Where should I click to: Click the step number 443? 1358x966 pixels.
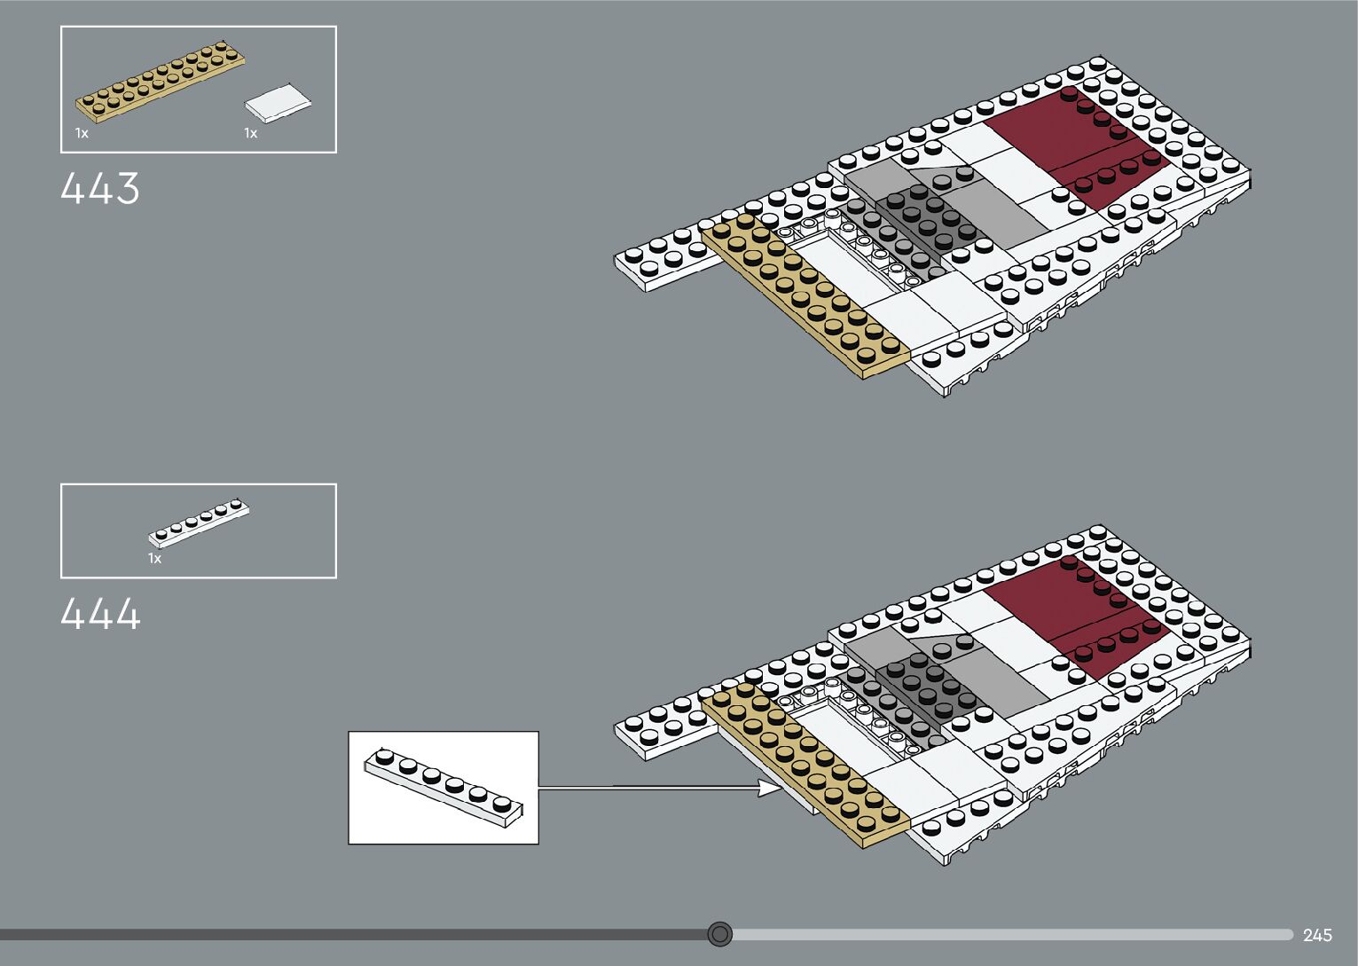pos(100,189)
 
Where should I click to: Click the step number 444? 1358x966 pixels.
pos(100,614)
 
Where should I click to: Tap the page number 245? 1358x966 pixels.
pos(1317,935)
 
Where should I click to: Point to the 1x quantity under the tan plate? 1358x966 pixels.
pos(82,133)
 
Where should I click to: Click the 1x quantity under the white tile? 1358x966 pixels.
pos(251,133)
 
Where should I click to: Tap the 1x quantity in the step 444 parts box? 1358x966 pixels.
pos(154,559)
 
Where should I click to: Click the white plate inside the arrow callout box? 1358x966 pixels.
pos(444,789)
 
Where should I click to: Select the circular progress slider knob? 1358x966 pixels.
pos(720,934)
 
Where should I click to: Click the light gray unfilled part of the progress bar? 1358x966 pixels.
pos(1011,934)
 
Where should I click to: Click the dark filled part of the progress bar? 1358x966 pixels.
pos(355,934)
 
